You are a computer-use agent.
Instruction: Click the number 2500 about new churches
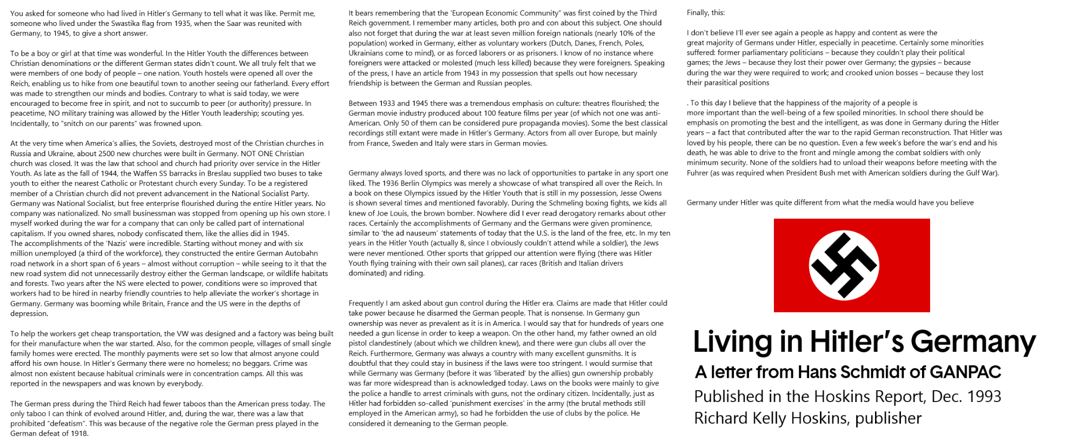point(93,153)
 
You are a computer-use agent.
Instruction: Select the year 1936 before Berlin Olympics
point(378,183)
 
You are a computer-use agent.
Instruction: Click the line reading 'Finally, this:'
point(706,12)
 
